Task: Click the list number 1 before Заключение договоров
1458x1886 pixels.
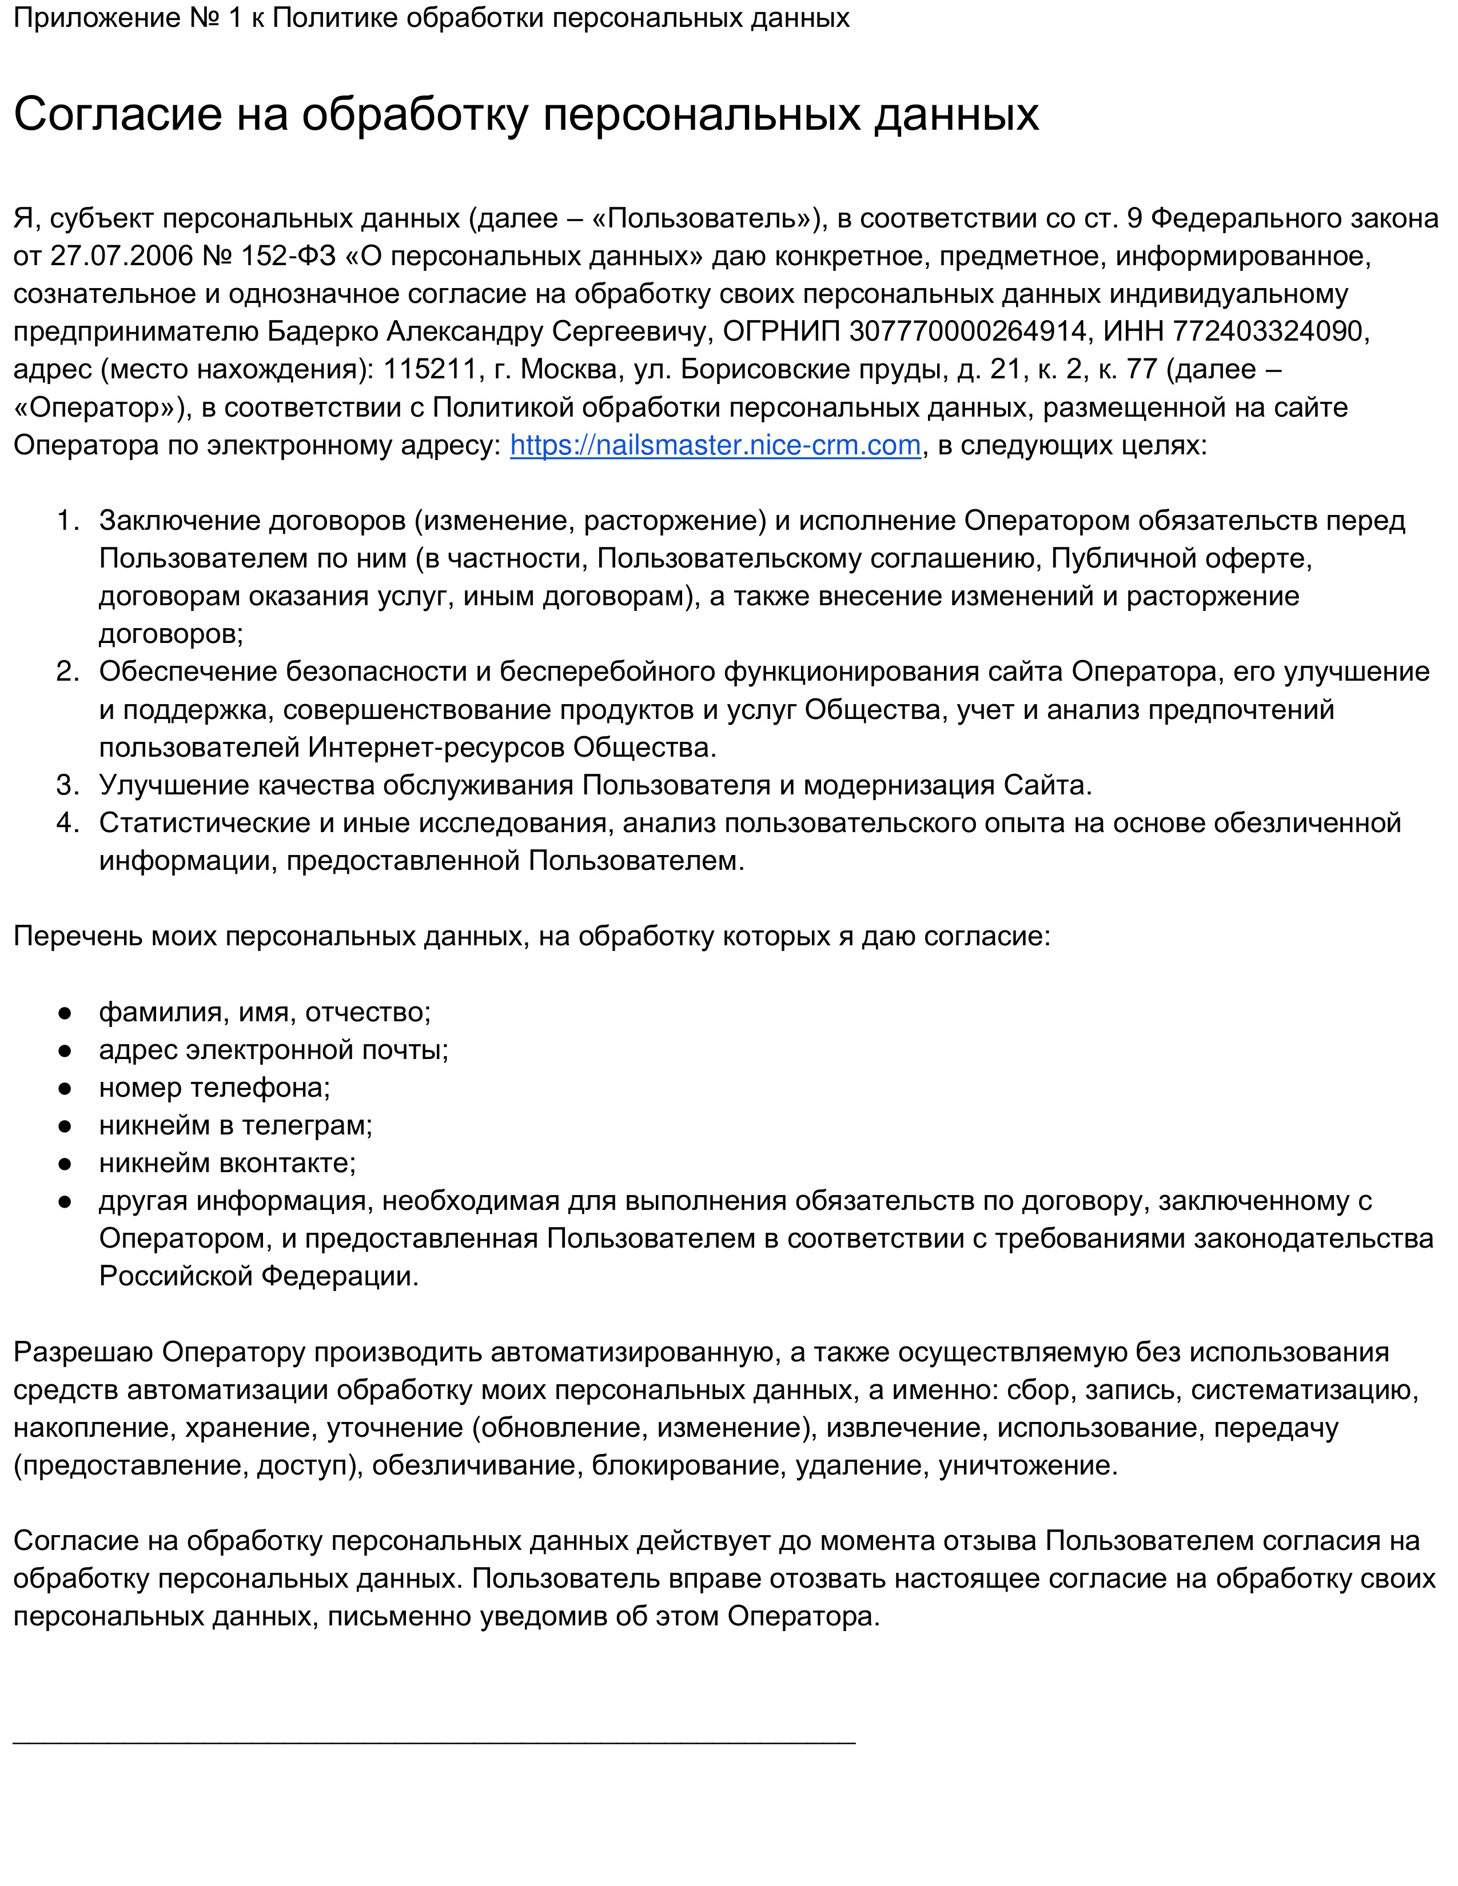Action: (x=67, y=520)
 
